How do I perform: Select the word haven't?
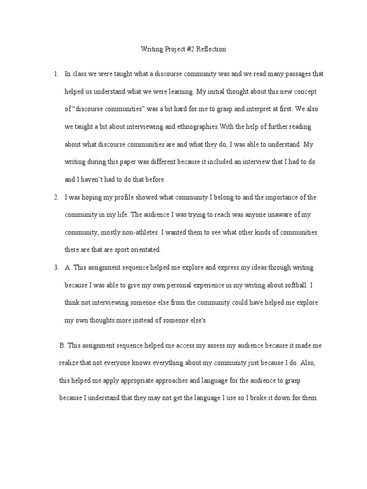point(93,180)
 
